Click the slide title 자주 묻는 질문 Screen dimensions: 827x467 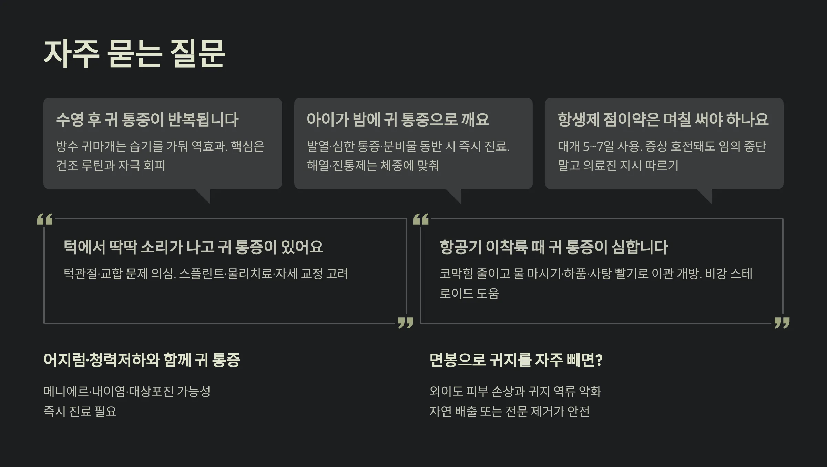tap(134, 54)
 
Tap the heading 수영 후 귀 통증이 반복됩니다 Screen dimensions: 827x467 tap(147, 120)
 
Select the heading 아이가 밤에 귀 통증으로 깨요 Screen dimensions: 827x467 tap(398, 120)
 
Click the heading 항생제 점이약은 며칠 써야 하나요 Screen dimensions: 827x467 tap(663, 120)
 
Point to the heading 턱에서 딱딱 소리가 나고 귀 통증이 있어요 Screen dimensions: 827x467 tap(193, 247)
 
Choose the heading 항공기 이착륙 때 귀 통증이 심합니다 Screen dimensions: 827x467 tap(554, 247)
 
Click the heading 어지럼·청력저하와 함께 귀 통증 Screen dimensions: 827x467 tap(142, 360)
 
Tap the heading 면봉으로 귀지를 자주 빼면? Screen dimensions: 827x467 tap(515, 360)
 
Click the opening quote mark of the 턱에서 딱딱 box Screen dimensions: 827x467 tap(45, 219)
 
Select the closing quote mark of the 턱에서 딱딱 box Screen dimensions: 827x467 tap(406, 323)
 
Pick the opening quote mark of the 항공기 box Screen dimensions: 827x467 tap(421, 219)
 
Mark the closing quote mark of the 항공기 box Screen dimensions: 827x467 tap(782, 323)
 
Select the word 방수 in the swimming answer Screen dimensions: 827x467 tap(67, 146)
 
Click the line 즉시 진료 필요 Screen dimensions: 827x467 tap(80, 411)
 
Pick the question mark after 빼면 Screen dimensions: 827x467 tap(599, 360)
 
